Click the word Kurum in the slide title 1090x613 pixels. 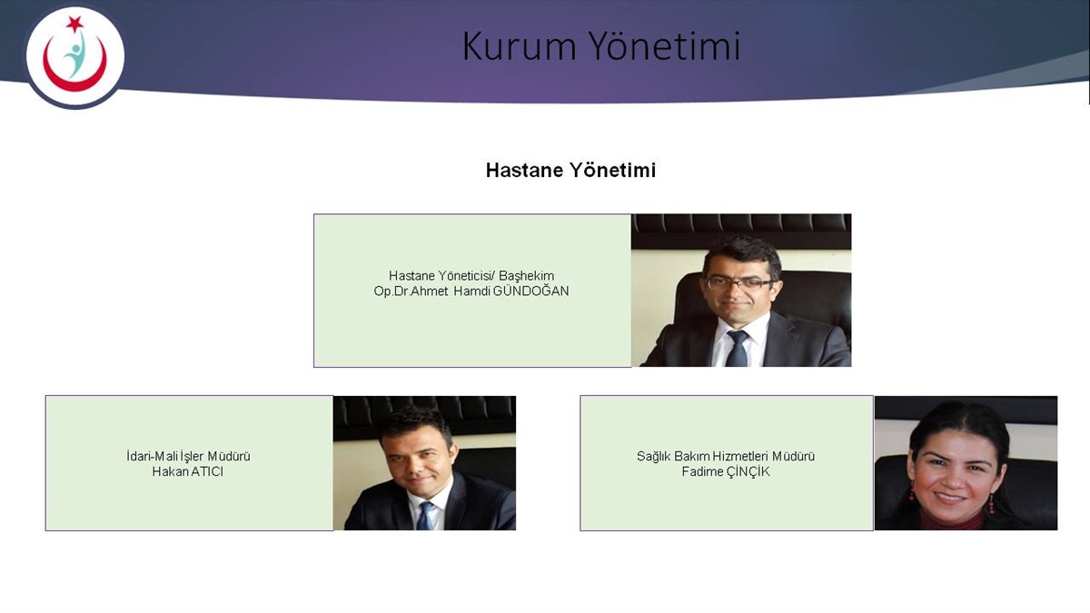[519, 46]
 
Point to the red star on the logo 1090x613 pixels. [74, 24]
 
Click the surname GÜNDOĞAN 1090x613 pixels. [530, 291]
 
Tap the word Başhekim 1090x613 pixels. [527, 276]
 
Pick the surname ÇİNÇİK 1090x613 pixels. [748, 471]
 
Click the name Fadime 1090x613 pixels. [702, 471]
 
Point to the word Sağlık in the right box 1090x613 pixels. [653, 456]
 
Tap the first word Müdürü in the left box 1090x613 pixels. [229, 456]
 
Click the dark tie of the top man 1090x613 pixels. [738, 348]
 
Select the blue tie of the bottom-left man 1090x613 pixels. [425, 516]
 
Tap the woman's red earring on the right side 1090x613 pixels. [991, 505]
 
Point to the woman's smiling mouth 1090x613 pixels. [949, 498]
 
